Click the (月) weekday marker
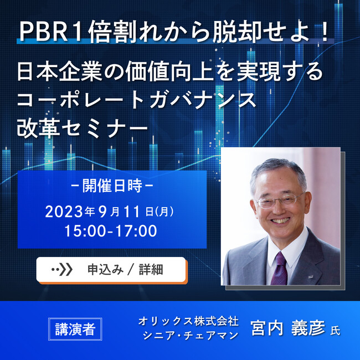[165, 211]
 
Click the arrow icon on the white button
[61, 270]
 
